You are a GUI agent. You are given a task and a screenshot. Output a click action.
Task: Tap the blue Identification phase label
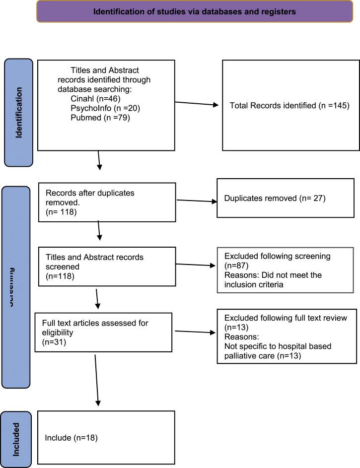tap(18, 113)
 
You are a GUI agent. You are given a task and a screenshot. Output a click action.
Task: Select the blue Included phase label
tap(16, 439)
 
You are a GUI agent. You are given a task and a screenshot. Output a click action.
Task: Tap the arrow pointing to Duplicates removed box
tap(196, 201)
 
